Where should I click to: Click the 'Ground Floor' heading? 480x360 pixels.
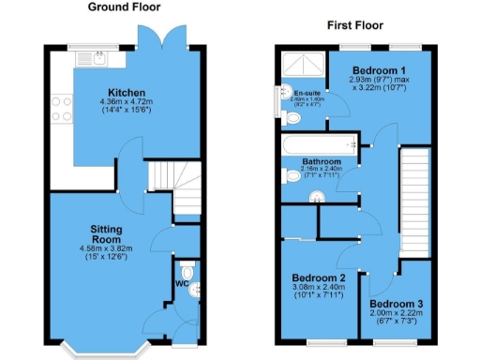(x=121, y=7)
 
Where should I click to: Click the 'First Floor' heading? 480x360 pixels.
(x=352, y=25)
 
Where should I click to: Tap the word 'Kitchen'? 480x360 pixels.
(x=127, y=93)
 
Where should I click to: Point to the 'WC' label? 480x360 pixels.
(x=182, y=284)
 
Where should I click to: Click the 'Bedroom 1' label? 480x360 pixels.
(x=378, y=71)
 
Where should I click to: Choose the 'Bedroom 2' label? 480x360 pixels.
(x=319, y=278)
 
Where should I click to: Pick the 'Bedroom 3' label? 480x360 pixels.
(x=396, y=304)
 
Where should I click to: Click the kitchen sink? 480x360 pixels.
(x=90, y=60)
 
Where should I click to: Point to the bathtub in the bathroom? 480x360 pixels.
(x=319, y=145)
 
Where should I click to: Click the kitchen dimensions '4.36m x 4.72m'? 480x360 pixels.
(x=127, y=102)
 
